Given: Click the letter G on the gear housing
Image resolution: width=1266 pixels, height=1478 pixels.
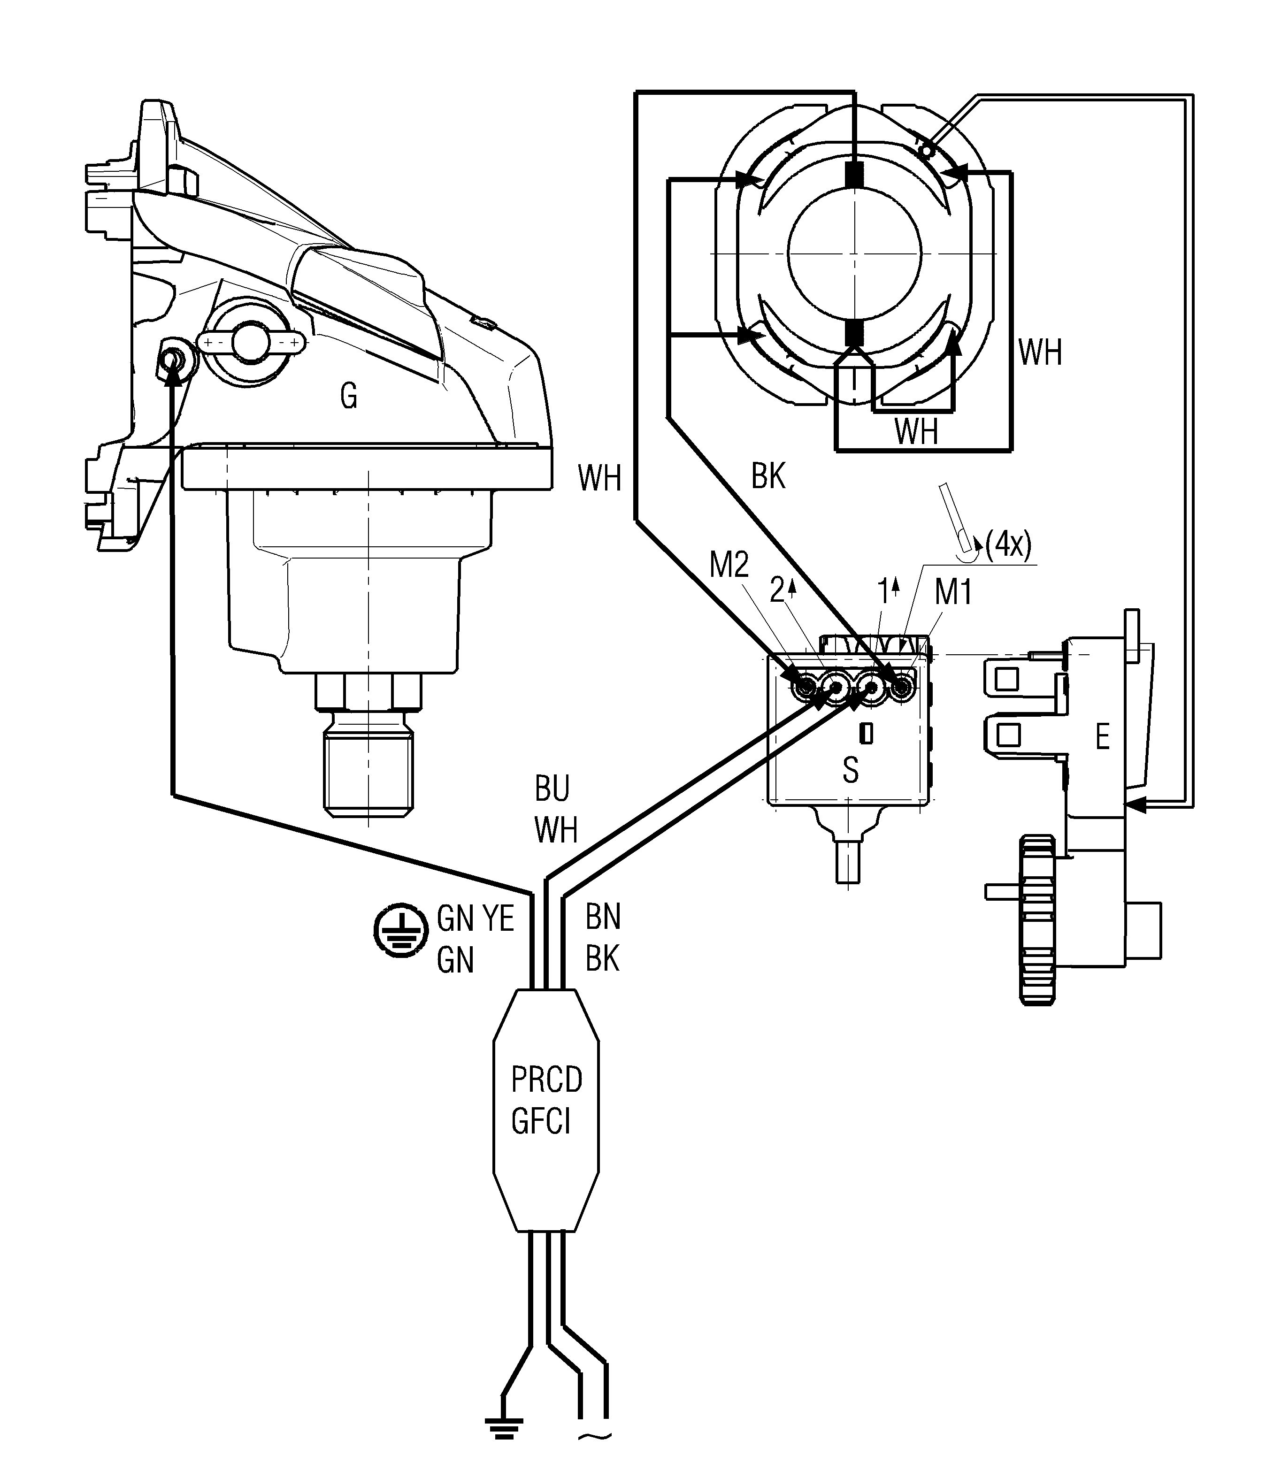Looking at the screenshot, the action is [349, 396].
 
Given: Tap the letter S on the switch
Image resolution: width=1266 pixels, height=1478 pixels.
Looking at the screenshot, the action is [850, 770].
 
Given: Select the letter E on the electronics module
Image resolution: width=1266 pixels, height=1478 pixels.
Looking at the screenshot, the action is [1102, 737].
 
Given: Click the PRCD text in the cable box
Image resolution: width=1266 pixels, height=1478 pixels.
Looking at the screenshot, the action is [546, 1080].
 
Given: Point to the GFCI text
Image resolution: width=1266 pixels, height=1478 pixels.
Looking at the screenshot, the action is [541, 1122].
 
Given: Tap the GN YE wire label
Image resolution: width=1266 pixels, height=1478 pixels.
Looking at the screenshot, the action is [475, 918].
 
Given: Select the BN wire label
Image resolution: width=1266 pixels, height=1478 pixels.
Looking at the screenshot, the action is [603, 917].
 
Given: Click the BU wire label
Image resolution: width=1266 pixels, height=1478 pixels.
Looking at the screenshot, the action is [552, 789].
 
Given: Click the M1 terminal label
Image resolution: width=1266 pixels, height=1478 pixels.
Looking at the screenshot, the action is [953, 593].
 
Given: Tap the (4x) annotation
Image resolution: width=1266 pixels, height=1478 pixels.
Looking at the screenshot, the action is [1008, 546].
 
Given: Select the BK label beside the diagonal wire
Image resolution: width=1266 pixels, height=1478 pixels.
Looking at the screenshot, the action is [768, 476].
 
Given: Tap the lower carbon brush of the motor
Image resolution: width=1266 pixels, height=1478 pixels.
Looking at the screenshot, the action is [853, 332].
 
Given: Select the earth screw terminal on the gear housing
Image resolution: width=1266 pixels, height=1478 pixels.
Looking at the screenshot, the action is [172, 362].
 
